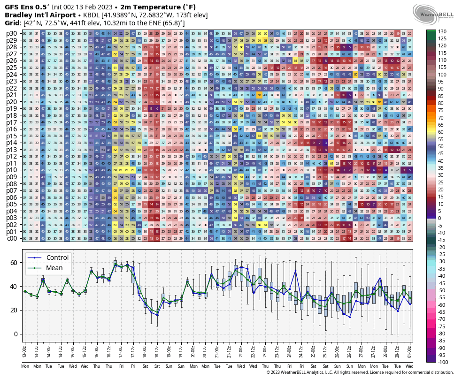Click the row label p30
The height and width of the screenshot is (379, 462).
12,33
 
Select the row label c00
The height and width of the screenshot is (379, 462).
12,238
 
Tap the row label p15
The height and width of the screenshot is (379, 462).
12,136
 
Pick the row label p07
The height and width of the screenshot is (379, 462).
12,190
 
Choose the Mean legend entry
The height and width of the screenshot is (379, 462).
54,268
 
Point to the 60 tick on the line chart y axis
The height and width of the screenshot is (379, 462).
13,262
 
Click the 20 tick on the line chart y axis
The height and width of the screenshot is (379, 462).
13,310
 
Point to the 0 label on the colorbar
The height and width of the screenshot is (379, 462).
440,219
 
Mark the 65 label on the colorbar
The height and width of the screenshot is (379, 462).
442,125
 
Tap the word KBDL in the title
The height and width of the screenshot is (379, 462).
92,15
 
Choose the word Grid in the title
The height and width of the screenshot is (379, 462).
12,23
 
